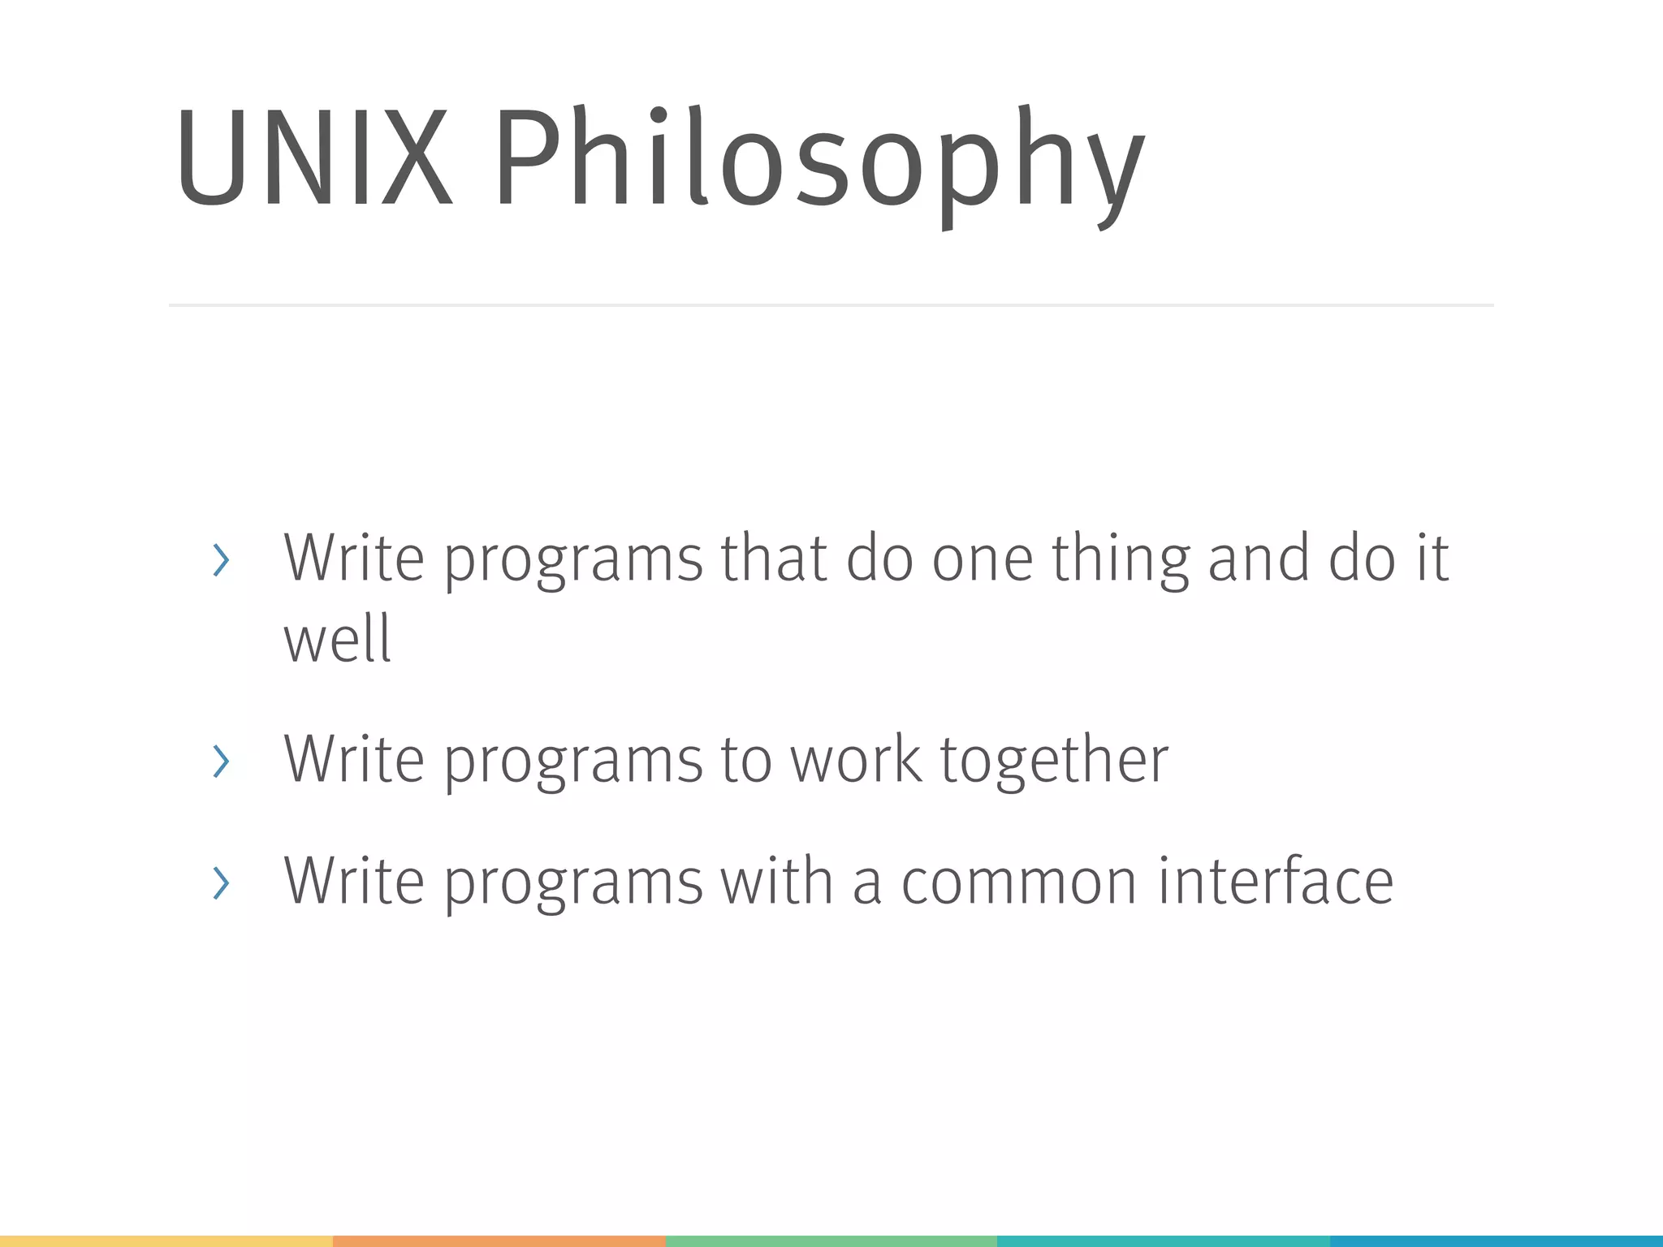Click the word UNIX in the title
[313, 158]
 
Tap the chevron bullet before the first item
[220, 560]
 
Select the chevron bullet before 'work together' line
[220, 762]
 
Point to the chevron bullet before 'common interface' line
[220, 882]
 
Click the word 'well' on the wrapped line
[337, 639]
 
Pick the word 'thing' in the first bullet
[1120, 560]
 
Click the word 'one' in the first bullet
[982, 560]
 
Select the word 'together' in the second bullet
[1054, 762]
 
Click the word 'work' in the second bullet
[856, 760]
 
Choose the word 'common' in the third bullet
[1018, 882]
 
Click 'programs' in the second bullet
[573, 763]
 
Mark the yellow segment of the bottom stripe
[166, 1241]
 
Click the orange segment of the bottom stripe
[499, 1241]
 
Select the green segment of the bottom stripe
[831, 1241]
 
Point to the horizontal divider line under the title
[831, 305]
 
